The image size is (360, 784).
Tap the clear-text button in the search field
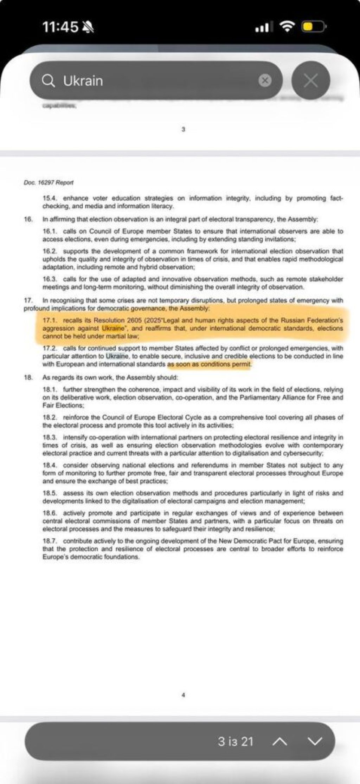click(265, 81)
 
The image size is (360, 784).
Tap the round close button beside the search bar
click(310, 80)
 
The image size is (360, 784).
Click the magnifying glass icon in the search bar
click(48, 81)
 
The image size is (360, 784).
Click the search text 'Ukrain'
click(83, 81)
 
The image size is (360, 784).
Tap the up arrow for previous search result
click(280, 741)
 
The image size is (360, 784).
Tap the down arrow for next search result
click(314, 741)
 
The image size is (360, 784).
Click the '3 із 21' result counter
click(235, 741)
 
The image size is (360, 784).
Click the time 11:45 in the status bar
click(60, 27)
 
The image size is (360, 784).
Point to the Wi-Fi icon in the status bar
click(287, 27)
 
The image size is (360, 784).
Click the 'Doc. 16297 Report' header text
click(49, 183)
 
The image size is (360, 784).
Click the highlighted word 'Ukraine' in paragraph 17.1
click(113, 329)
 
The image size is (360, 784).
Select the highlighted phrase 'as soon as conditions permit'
click(210, 364)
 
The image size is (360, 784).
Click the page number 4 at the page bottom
click(183, 695)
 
